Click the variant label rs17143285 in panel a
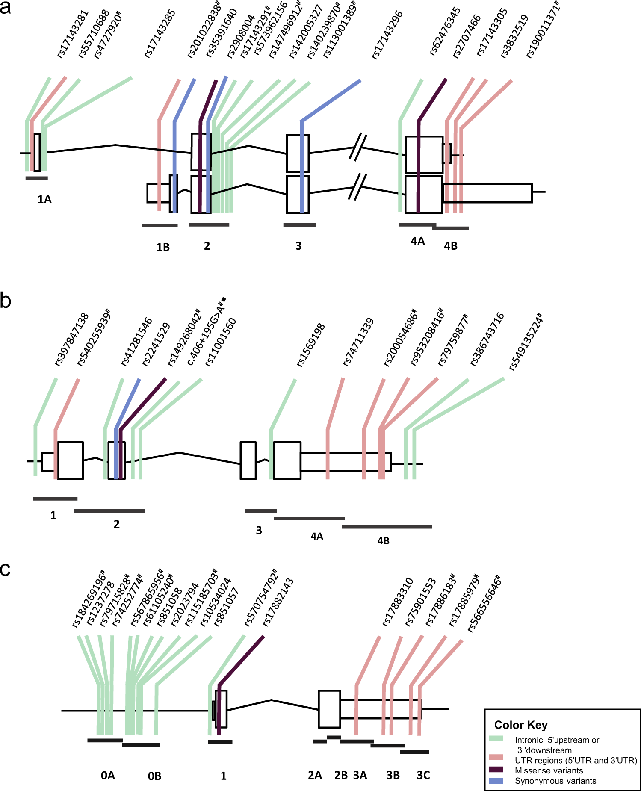point(160,34)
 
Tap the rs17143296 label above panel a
point(387,35)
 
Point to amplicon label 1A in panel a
point(44,199)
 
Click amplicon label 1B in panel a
point(163,247)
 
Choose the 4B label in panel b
point(383,541)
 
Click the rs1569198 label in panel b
point(311,345)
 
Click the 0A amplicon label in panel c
point(108,776)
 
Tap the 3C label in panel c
point(423,775)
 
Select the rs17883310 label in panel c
point(398,602)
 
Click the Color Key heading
point(521,725)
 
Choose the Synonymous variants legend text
point(555,781)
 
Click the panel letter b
point(6,301)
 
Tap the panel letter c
point(5,570)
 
